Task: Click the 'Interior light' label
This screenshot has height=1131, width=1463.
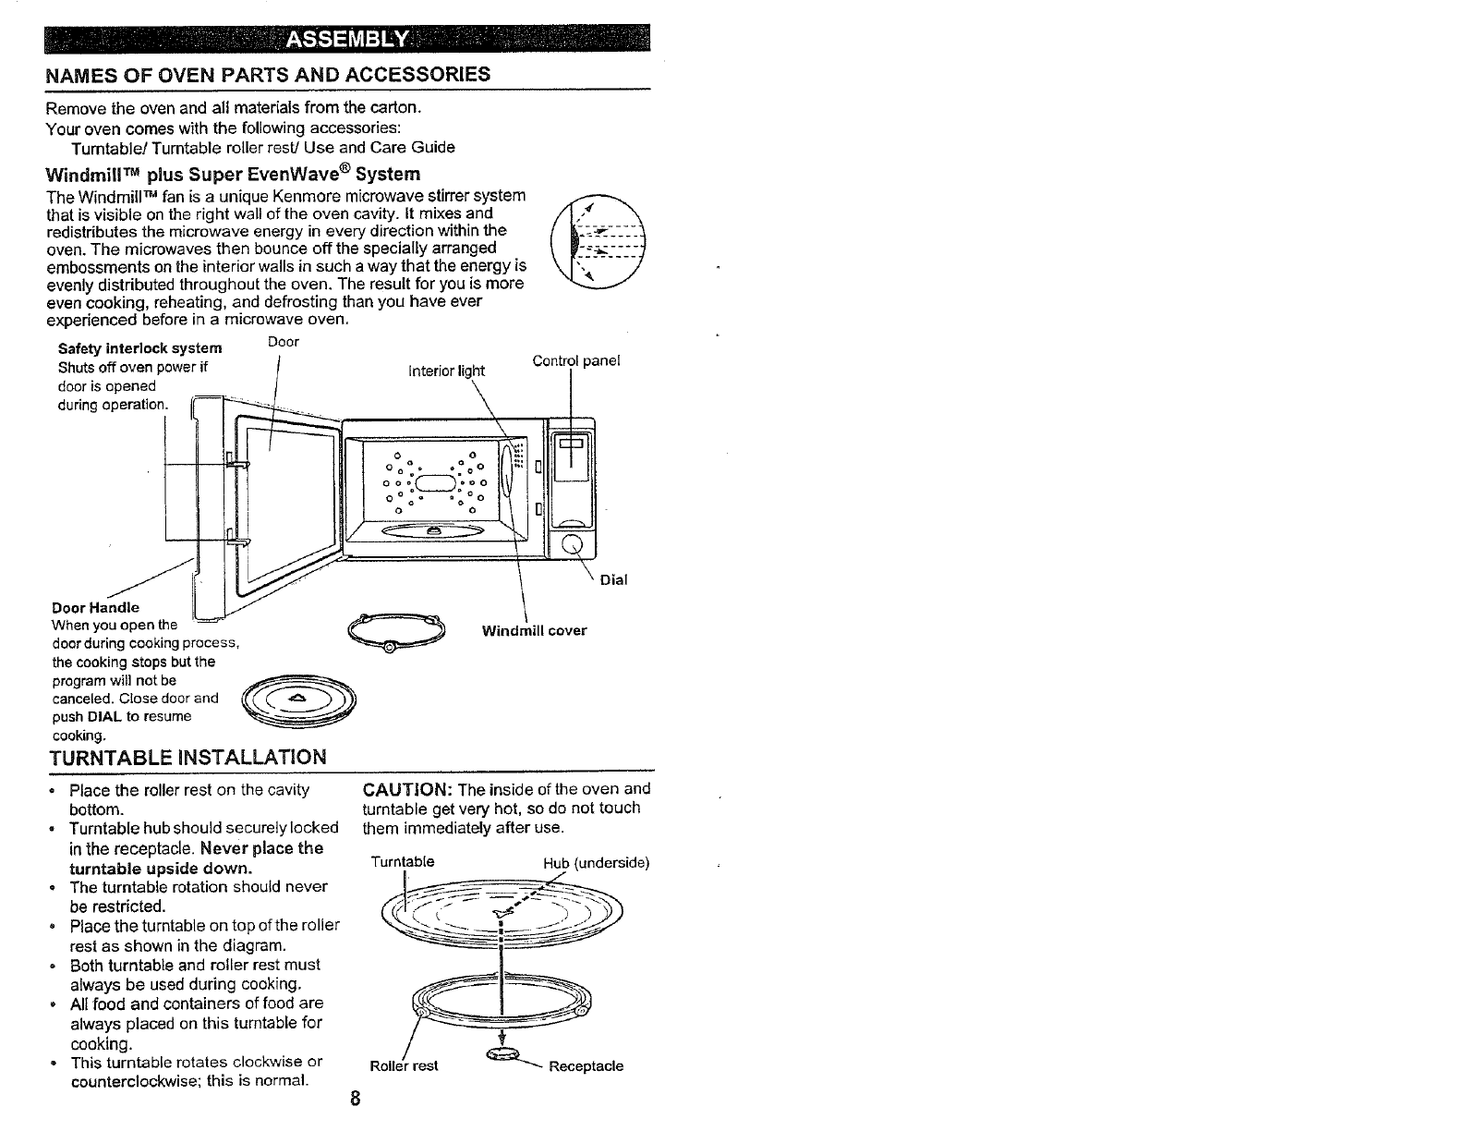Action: (x=446, y=371)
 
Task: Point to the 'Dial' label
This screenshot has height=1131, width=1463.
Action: (x=613, y=580)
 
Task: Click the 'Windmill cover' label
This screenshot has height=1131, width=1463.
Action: (x=534, y=631)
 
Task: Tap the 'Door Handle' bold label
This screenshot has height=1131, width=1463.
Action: (x=96, y=607)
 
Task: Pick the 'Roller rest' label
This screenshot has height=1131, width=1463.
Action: (x=404, y=1065)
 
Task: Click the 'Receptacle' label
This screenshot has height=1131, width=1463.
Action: (x=586, y=1065)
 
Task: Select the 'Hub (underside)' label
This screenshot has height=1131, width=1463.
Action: (x=597, y=863)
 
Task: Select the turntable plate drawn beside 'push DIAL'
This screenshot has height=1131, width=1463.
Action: (x=297, y=705)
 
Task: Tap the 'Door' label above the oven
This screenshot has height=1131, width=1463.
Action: (x=283, y=342)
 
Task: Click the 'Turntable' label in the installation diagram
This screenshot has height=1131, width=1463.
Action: (x=402, y=862)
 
